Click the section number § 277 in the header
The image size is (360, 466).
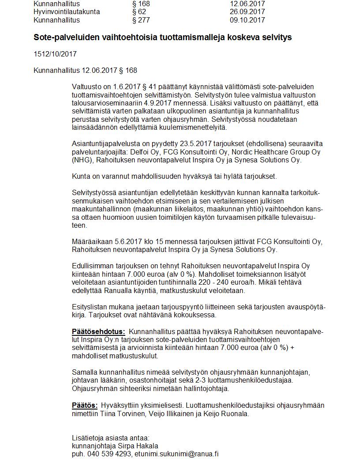click(x=141, y=20)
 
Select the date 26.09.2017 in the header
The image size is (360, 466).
click(x=247, y=12)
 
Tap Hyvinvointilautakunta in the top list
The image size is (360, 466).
click(x=67, y=12)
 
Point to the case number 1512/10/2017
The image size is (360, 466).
click(x=55, y=54)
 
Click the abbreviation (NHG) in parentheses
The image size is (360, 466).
click(x=82, y=160)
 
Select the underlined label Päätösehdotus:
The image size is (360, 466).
click(x=98, y=331)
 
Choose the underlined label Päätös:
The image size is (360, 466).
click(x=85, y=406)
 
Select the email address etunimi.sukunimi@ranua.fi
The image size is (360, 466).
click(x=177, y=454)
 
